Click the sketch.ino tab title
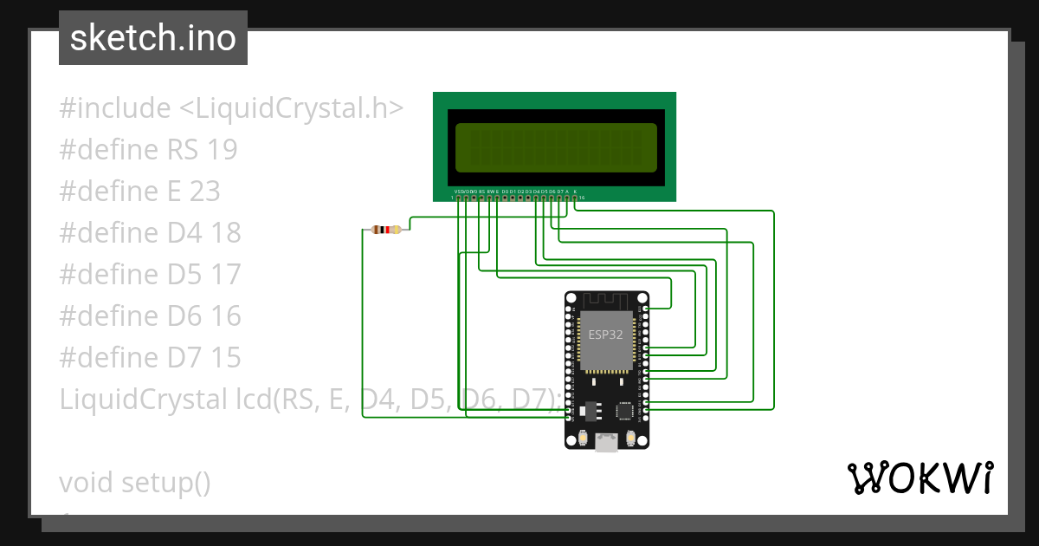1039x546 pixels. click(153, 38)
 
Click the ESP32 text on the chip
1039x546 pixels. click(605, 335)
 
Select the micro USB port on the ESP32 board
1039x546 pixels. click(606, 442)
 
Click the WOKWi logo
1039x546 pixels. click(920, 478)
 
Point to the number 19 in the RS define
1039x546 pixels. click(222, 150)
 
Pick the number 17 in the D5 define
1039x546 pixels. click(225, 275)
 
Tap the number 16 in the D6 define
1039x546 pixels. click(225, 316)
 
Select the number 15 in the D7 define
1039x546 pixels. click(225, 358)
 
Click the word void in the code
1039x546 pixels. click(87, 483)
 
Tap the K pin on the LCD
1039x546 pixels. click(575, 198)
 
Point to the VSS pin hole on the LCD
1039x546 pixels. click(458, 198)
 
